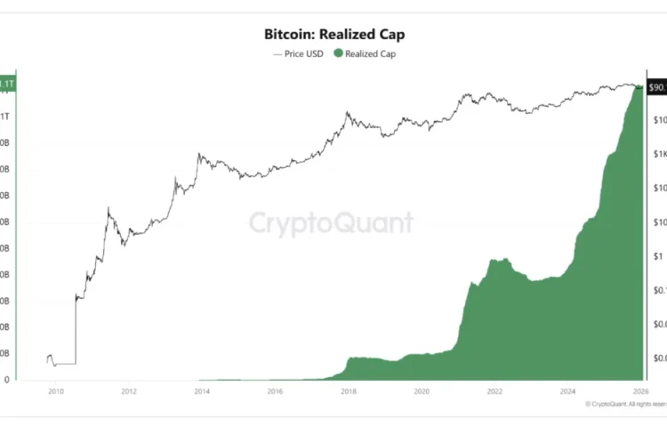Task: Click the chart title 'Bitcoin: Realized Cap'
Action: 333,36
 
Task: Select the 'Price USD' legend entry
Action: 299,53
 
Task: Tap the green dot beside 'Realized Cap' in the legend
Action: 339,53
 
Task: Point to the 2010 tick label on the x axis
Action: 55,391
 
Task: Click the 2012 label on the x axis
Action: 128,391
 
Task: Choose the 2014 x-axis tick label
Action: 202,391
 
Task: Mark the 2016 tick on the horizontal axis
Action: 275,391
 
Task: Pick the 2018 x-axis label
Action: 349,391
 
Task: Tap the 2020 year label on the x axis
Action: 422,391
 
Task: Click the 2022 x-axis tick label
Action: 495,391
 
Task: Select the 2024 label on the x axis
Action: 568,391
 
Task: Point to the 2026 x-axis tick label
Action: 640,391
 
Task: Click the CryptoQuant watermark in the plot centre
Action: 330,222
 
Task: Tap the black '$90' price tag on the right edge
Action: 657,87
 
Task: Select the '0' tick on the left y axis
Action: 7,380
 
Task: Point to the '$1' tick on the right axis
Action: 658,256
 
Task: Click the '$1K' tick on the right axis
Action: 658,154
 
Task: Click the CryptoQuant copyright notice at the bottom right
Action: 624,404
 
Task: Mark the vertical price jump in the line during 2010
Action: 76,329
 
